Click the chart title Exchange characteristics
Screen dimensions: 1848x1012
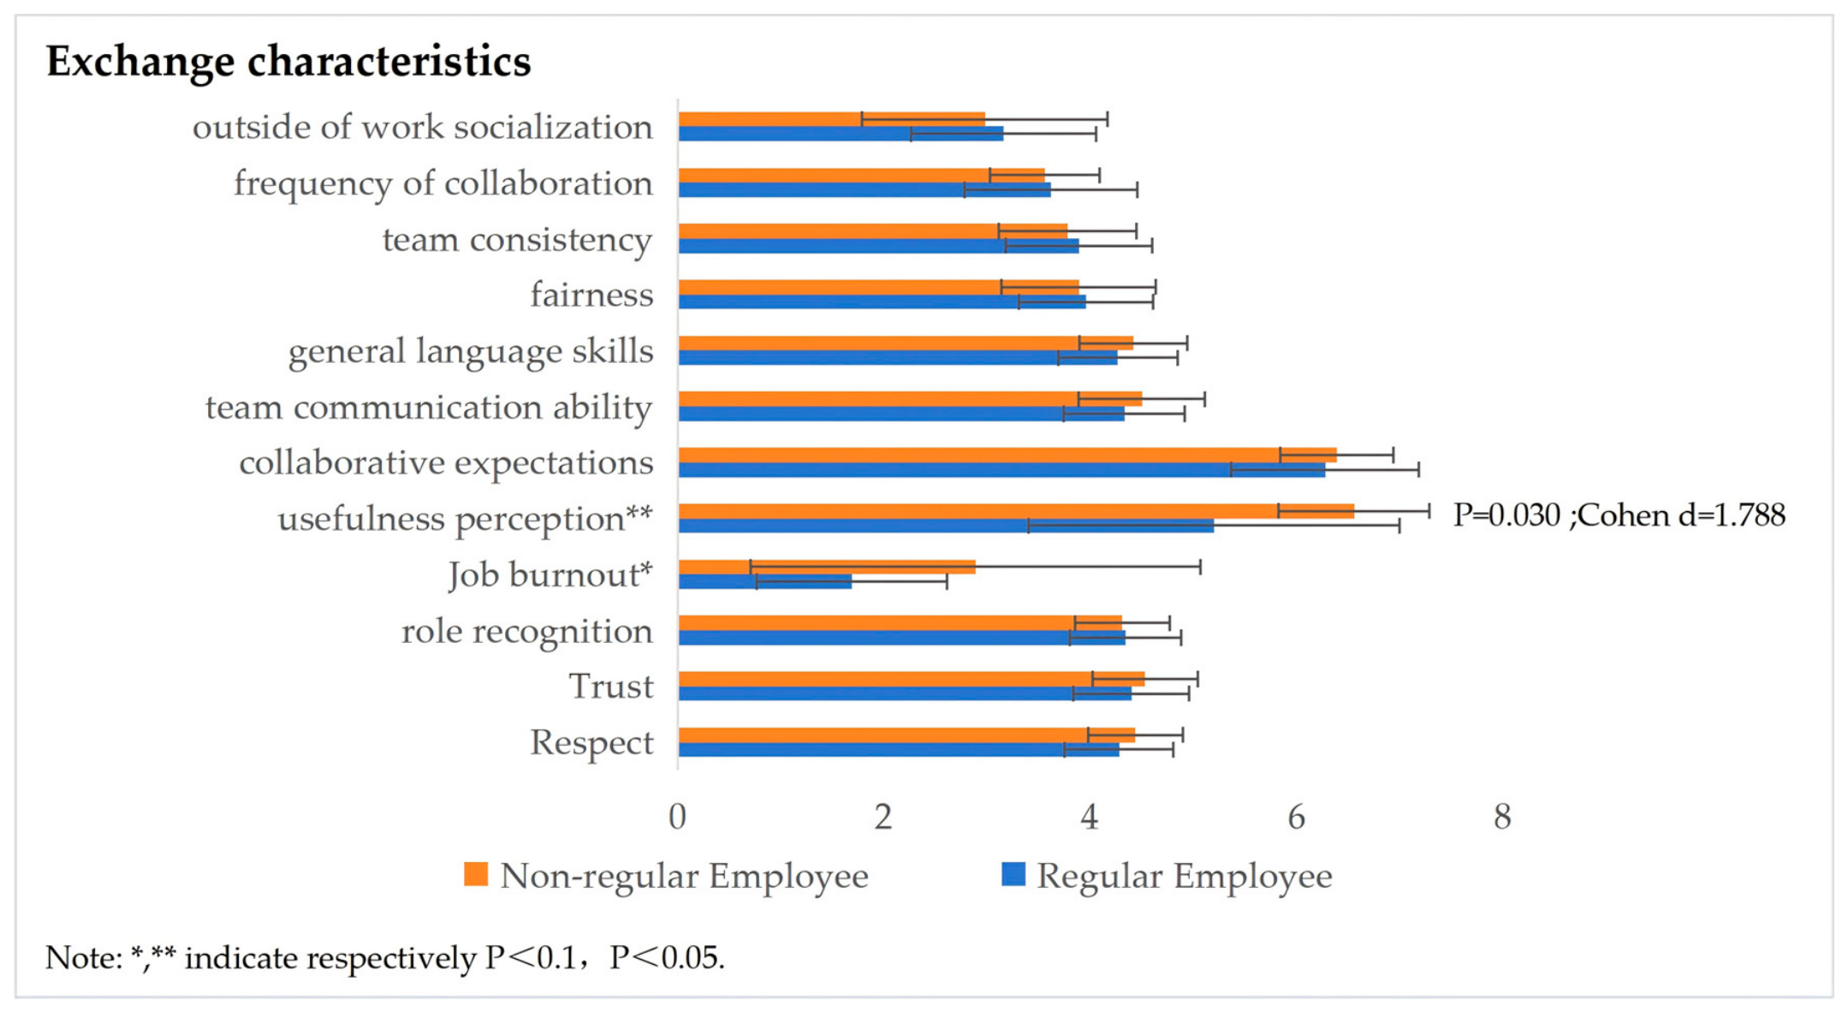288,62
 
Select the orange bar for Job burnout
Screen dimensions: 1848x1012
827,567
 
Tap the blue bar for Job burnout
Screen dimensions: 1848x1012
765,582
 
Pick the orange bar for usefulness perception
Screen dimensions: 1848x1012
1017,511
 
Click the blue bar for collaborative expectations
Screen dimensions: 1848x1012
1002,470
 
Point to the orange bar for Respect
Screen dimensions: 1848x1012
907,735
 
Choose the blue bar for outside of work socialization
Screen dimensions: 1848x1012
841,134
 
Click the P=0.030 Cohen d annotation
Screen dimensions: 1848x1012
1619,515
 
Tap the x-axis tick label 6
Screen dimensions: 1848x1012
1296,818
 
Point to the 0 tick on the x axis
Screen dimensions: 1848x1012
678,818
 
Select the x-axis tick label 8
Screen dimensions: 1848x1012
1502,818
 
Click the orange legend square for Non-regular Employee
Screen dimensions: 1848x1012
476,874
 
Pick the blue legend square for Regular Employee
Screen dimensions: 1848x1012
1013,874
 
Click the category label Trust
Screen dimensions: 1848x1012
611,687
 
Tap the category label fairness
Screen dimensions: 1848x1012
591,295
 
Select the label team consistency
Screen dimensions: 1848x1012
518,241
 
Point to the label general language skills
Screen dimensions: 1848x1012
471,352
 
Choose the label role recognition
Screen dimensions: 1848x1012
527,632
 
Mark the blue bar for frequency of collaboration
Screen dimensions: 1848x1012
865,190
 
